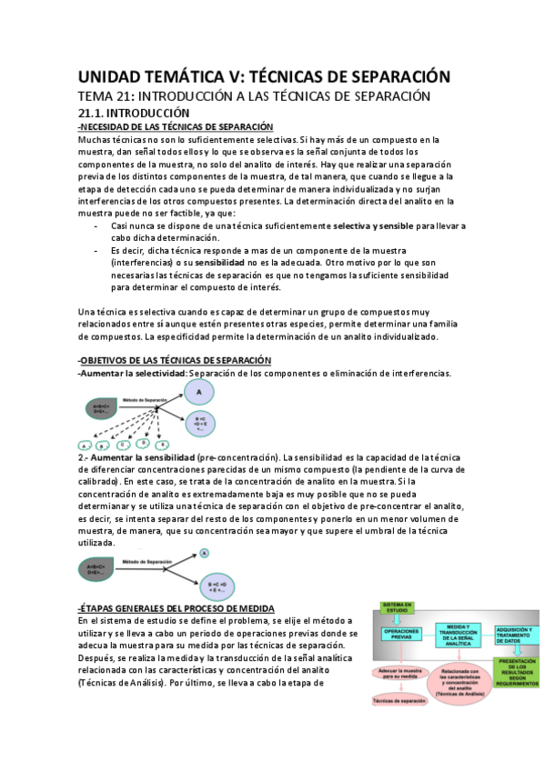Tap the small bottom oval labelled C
pos(121,444)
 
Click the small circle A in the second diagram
pos(206,552)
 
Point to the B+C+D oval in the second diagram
pos(217,583)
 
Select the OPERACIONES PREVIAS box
pos(401,635)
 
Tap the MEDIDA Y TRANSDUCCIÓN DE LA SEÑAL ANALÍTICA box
pos(461,634)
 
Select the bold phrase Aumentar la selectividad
pos(133,373)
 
